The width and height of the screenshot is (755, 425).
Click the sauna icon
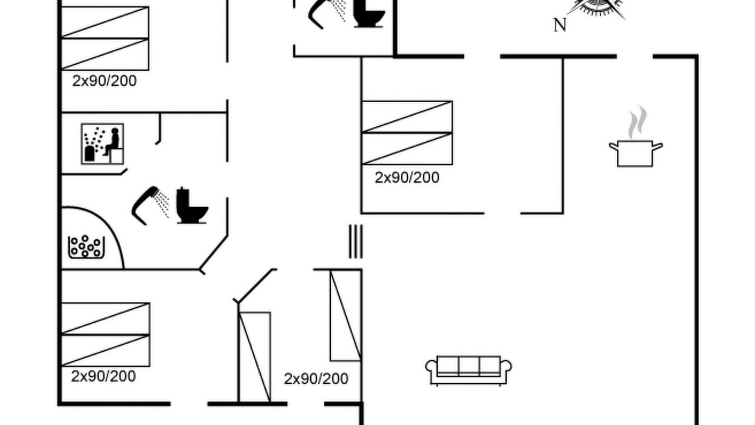tap(103, 144)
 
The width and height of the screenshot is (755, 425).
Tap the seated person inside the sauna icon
tap(113, 142)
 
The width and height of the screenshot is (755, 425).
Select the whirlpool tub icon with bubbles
tap(86, 247)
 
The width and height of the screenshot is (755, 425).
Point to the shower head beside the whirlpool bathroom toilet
tap(150, 205)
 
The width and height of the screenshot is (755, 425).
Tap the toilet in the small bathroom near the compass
tap(369, 13)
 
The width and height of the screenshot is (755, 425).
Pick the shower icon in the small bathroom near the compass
tap(327, 14)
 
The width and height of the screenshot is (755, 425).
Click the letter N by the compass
tap(560, 25)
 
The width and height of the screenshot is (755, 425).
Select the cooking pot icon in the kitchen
tap(635, 153)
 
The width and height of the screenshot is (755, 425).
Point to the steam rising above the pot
tap(638, 122)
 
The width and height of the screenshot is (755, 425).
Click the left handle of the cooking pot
tap(613, 146)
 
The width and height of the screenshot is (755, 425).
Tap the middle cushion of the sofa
tap(469, 365)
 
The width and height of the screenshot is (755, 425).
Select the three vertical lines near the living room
tap(356, 241)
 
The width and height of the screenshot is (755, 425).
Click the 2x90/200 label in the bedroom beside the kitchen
tap(407, 178)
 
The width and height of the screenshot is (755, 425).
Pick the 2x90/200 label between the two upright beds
tap(316, 379)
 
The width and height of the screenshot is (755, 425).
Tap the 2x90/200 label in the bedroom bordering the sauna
tap(104, 81)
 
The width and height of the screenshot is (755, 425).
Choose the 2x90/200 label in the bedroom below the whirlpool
tap(103, 376)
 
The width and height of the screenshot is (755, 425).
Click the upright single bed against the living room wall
tap(346, 315)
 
